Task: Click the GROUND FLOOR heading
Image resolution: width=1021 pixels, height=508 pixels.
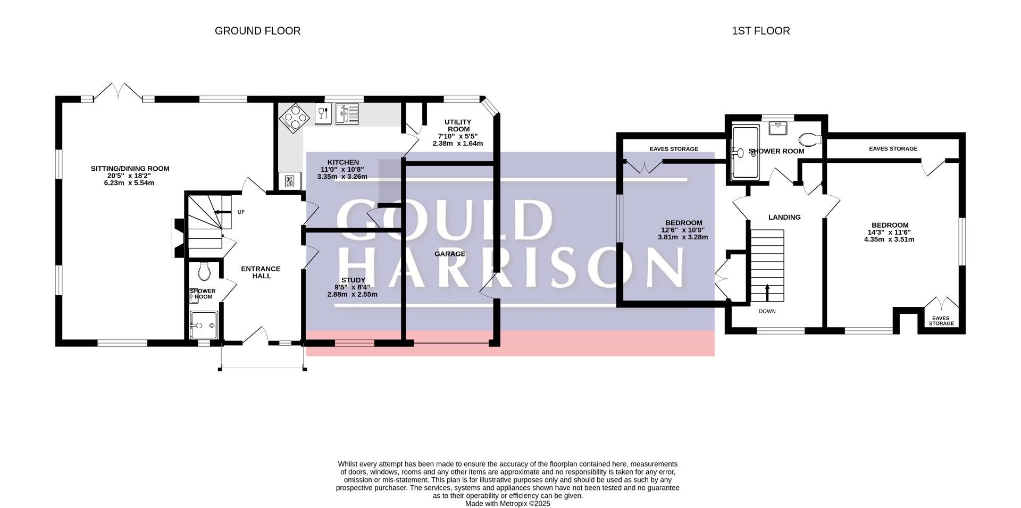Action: click(x=257, y=31)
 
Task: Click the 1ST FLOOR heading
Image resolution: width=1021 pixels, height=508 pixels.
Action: click(x=760, y=31)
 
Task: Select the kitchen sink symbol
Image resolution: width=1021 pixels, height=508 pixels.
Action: click(x=347, y=114)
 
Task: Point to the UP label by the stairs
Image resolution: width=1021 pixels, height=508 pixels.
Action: click(x=241, y=212)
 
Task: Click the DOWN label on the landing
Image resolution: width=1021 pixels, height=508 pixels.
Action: click(x=767, y=311)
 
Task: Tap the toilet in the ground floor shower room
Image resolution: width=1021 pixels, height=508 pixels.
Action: click(x=204, y=272)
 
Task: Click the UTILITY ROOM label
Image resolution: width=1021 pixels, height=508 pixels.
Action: click(x=458, y=126)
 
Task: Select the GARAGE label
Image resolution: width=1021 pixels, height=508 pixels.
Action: click(x=450, y=254)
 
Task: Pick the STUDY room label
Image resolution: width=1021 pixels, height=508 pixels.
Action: click(x=353, y=280)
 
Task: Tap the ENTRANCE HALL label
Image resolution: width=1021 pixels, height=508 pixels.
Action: click(x=261, y=272)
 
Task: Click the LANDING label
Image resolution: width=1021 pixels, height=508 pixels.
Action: click(x=784, y=217)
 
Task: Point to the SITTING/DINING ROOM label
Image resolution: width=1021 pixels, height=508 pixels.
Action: click(x=130, y=169)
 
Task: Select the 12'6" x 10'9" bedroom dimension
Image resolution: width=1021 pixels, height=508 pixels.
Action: click(x=683, y=230)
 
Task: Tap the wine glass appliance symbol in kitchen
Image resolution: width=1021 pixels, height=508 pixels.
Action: click(x=322, y=114)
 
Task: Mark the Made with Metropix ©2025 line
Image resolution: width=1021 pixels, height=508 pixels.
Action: click(x=508, y=503)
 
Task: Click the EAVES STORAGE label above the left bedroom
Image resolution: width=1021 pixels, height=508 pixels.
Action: click(x=674, y=149)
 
